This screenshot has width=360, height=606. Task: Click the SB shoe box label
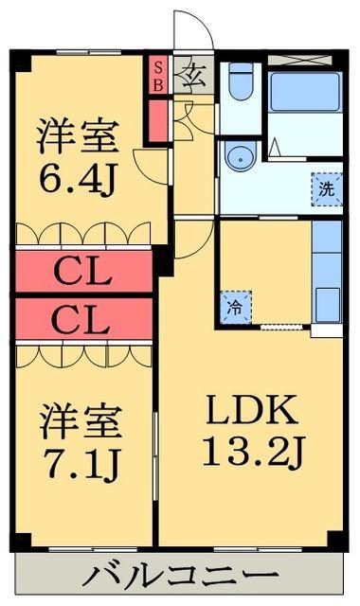158,76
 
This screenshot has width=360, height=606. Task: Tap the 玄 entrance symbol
193,75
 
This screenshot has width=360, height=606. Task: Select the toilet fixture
241,81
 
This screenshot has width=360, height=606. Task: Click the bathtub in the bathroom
305,92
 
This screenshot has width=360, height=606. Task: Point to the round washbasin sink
241,156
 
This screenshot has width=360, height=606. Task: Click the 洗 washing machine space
327,189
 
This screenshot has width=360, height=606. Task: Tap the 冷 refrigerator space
236,307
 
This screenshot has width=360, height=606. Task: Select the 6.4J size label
78,180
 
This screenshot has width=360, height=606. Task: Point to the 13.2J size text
254,451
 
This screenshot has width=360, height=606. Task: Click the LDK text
252,410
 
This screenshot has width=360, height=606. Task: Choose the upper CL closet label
82,272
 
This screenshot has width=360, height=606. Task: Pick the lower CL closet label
81,321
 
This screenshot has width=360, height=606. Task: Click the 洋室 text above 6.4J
78,136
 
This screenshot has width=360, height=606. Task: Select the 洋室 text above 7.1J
81,421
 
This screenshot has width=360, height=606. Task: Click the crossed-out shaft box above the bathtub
300,60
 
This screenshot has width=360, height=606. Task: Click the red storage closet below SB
158,121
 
